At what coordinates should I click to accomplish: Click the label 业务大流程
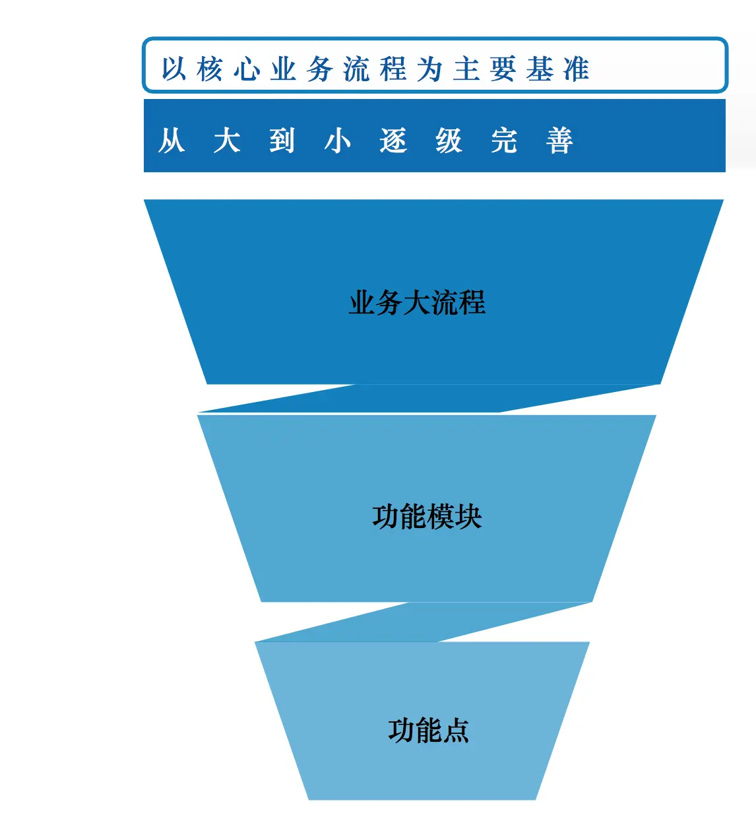pos(417,303)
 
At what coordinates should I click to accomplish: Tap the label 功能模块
pos(427,517)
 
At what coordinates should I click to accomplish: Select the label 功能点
pos(428,731)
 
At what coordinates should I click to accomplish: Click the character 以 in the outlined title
pos(174,69)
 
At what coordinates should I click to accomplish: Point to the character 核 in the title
pos(210,69)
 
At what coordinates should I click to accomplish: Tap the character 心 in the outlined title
pos(247,69)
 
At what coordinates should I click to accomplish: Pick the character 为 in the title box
pos(429,69)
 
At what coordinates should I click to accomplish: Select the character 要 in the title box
pos(503,69)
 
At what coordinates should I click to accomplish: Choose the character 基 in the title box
pos(540,69)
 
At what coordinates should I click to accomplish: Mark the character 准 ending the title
pos(576,69)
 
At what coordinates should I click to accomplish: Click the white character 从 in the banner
pos(172,141)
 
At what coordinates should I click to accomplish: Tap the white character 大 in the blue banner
pos(227,141)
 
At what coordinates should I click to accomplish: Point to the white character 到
pos(282,141)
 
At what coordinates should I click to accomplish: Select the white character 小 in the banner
pos(338,141)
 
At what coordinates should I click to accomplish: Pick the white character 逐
pos(393,141)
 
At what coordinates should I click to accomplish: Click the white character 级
pos(449,141)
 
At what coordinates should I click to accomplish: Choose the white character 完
pos(504,141)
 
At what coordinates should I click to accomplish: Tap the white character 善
pos(559,141)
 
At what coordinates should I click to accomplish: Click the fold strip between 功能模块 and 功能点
pos(422,622)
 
